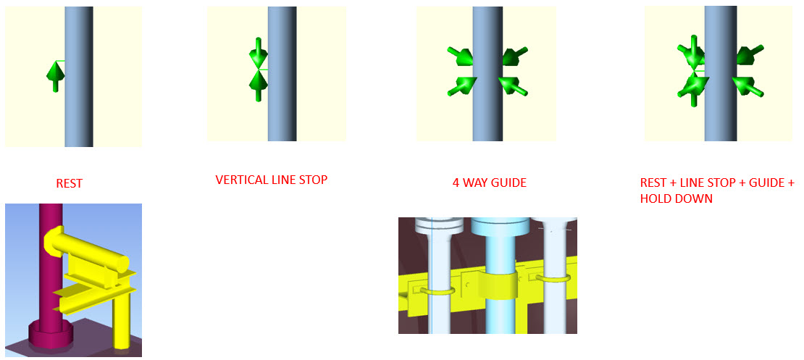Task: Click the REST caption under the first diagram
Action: click(x=70, y=183)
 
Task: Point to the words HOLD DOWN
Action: click(x=677, y=198)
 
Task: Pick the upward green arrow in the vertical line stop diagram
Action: click(x=258, y=85)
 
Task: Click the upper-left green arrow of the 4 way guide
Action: click(x=460, y=55)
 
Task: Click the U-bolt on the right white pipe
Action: click(x=553, y=277)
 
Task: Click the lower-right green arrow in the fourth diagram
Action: click(x=747, y=86)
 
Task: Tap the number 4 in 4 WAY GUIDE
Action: click(x=456, y=182)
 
